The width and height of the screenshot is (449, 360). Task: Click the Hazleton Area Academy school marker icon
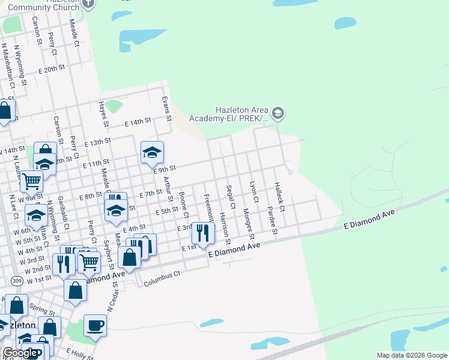tap(277, 113)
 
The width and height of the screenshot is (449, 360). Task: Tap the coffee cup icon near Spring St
tap(95, 326)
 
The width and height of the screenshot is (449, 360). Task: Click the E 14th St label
tap(137, 122)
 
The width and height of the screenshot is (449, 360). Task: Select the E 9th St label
tap(163, 170)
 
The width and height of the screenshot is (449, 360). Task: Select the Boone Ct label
tap(184, 205)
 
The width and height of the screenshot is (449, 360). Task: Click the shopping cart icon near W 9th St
tap(31, 179)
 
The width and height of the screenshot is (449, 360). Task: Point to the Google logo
tap(20, 353)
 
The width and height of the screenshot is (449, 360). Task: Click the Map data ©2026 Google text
tap(411, 355)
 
